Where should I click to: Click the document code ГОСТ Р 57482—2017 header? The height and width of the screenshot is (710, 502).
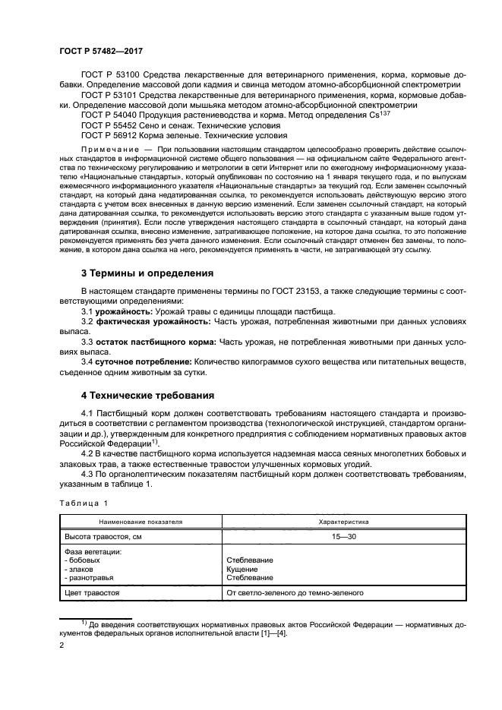click(103, 49)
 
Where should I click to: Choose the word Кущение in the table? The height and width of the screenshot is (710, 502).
click(242, 569)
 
